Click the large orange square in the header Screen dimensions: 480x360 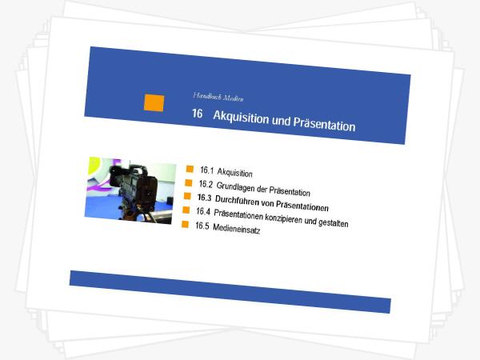pyautogui.click(x=154, y=103)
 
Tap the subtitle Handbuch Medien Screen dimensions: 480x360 pyautogui.click(x=218, y=97)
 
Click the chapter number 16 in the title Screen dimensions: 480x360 pyautogui.click(x=198, y=114)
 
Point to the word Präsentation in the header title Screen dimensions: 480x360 pyautogui.click(x=324, y=124)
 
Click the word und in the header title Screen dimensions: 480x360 pyautogui.click(x=281, y=121)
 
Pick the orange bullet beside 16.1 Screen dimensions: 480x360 pyautogui.click(x=190, y=169)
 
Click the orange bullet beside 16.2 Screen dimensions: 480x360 pyautogui.click(x=189, y=182)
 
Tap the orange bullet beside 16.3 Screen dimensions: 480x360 pyautogui.click(x=187, y=196)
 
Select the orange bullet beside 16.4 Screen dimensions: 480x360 pyautogui.click(x=186, y=210)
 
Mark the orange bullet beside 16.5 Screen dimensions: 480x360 pyautogui.click(x=185, y=224)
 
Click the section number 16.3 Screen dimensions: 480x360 pyautogui.click(x=205, y=198)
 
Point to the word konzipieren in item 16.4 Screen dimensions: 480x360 pyautogui.click(x=283, y=218)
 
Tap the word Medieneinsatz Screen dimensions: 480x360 pyautogui.click(x=236, y=229)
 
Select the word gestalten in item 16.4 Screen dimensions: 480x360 pyautogui.click(x=333, y=222)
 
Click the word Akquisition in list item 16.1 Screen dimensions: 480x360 pyautogui.click(x=234, y=173)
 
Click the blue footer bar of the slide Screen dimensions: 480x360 pyautogui.click(x=230, y=292)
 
